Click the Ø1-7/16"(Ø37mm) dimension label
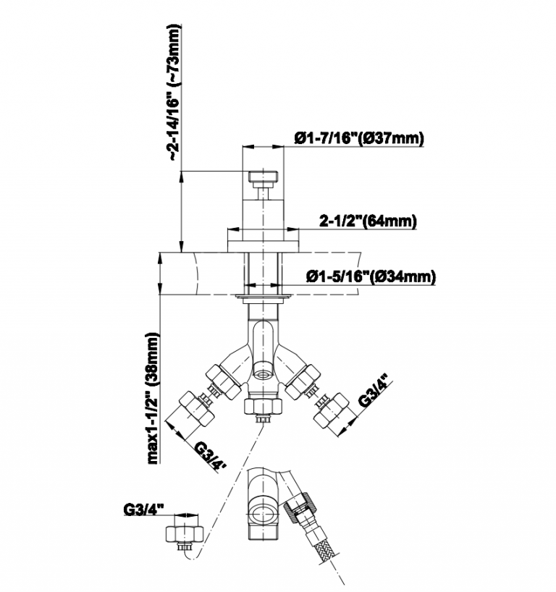click(359, 138)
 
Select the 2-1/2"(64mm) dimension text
click(368, 221)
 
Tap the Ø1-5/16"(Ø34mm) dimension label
click(371, 276)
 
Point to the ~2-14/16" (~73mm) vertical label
click(174, 93)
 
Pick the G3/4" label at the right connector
click(374, 391)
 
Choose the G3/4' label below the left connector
click(210, 456)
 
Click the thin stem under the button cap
click(263, 193)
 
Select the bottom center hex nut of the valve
click(263, 406)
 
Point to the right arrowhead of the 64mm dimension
click(292, 229)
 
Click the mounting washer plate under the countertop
click(263, 297)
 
